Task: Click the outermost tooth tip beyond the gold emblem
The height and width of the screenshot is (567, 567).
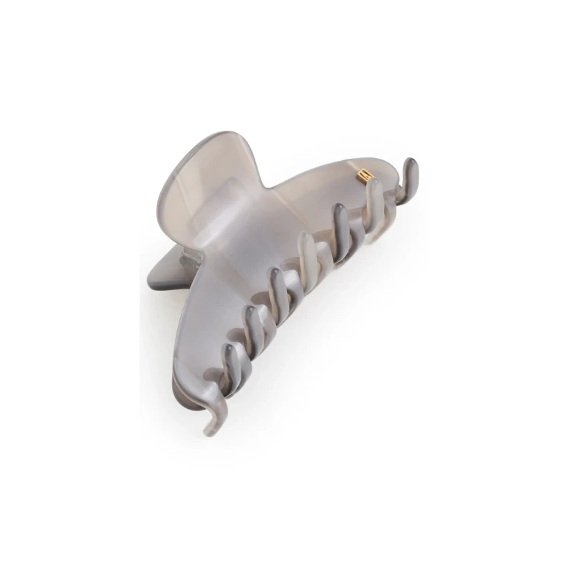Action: coord(410,164)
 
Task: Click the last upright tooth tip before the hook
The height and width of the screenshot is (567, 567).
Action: coord(230,351)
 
